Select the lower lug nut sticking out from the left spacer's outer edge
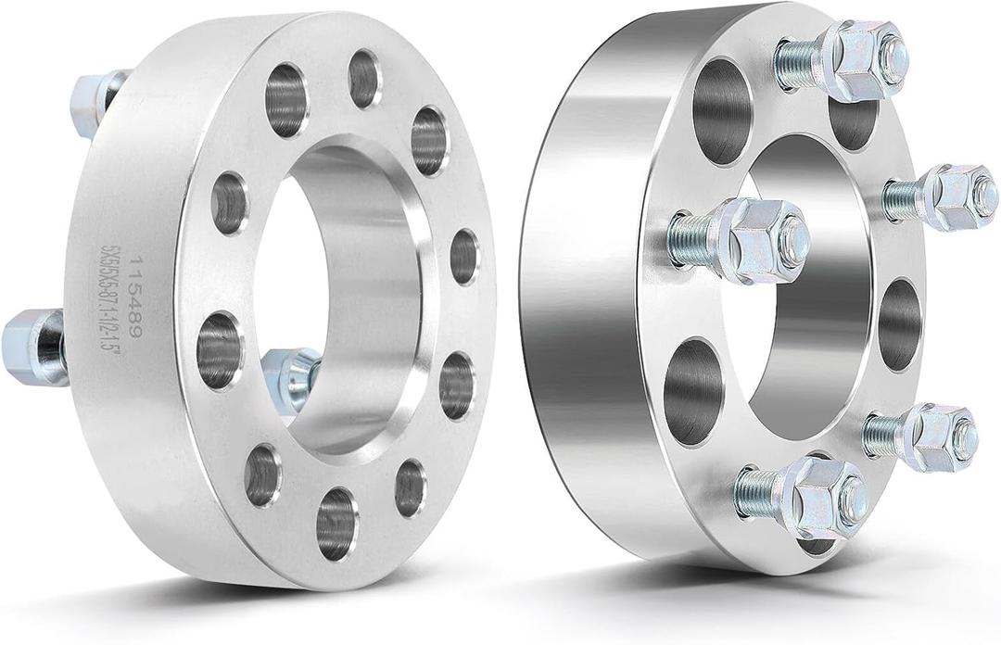[x=35, y=344]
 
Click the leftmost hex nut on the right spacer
[x=759, y=238]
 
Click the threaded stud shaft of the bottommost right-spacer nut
[x=759, y=485]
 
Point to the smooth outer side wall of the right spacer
[x=593, y=278]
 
